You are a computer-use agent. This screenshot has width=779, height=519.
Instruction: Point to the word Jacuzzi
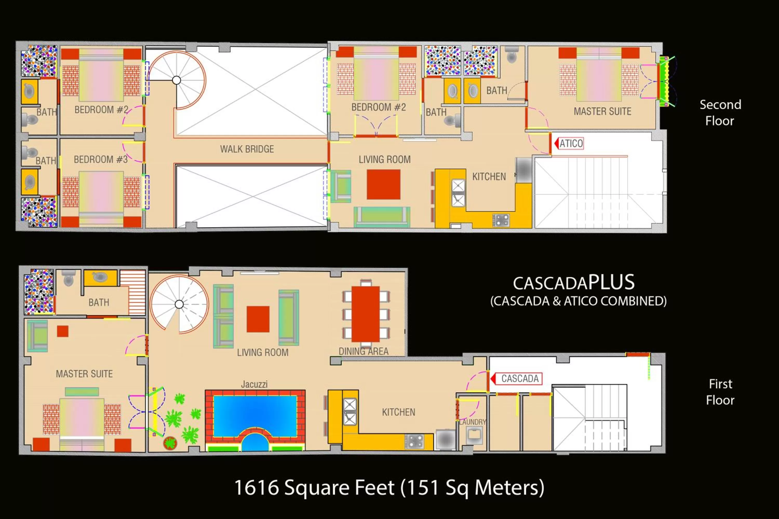[x=254, y=384]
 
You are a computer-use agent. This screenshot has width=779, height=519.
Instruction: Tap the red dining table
[x=365, y=314]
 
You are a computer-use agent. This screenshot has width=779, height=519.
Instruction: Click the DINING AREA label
[x=363, y=351]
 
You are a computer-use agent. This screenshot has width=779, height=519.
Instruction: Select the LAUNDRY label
[x=473, y=422]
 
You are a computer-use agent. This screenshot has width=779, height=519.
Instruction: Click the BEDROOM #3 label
[x=101, y=160]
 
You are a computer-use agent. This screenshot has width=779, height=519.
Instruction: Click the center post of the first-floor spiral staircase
[x=179, y=304]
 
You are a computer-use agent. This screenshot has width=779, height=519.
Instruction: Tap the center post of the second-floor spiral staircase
[x=177, y=80]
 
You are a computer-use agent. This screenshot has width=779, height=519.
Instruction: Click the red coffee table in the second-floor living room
[x=383, y=184]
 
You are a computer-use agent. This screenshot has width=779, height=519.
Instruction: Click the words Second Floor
[x=720, y=113]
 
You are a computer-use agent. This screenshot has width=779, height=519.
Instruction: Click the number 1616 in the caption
[x=256, y=488]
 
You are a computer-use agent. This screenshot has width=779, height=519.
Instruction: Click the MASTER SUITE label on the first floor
[x=84, y=374]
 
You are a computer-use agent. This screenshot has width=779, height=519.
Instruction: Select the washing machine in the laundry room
[x=474, y=435]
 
